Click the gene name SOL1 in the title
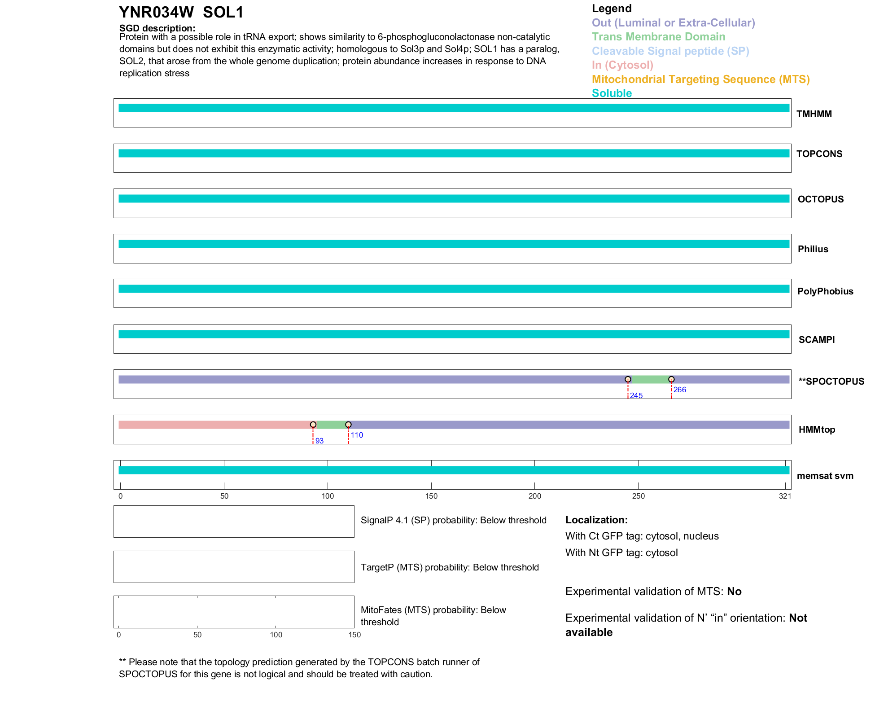coord(223,13)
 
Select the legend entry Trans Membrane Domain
coord(658,37)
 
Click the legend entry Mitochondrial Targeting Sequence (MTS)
coord(700,79)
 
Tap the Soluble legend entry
coord(612,93)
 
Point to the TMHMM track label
coord(814,114)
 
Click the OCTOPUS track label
coord(820,199)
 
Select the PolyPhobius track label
coord(825,291)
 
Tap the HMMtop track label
coord(817,430)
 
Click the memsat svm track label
coord(825,476)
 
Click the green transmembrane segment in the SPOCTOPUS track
coord(649,380)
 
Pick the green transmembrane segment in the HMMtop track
coord(331,425)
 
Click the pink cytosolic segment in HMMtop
coord(215,425)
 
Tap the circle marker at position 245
coord(628,379)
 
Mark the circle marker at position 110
coord(348,425)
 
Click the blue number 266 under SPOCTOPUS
coord(679,390)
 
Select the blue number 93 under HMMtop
coord(319,441)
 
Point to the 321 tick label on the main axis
coord(785,496)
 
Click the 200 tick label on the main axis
coord(534,496)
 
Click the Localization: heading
coord(596,520)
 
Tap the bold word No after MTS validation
coord(734,592)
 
